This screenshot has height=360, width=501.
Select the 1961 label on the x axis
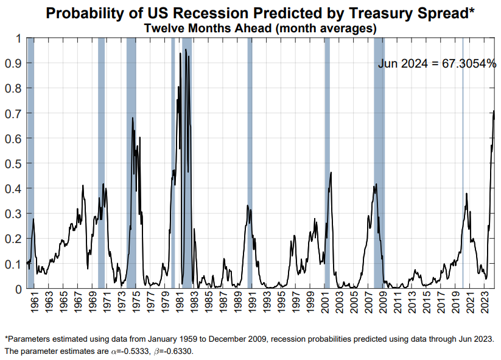(35, 303)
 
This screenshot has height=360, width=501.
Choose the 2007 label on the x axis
(370, 303)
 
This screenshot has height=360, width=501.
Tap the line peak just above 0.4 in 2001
(331, 172)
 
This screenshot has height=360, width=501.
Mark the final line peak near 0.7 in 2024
(494, 111)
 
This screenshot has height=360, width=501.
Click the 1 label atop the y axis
(18, 38)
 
